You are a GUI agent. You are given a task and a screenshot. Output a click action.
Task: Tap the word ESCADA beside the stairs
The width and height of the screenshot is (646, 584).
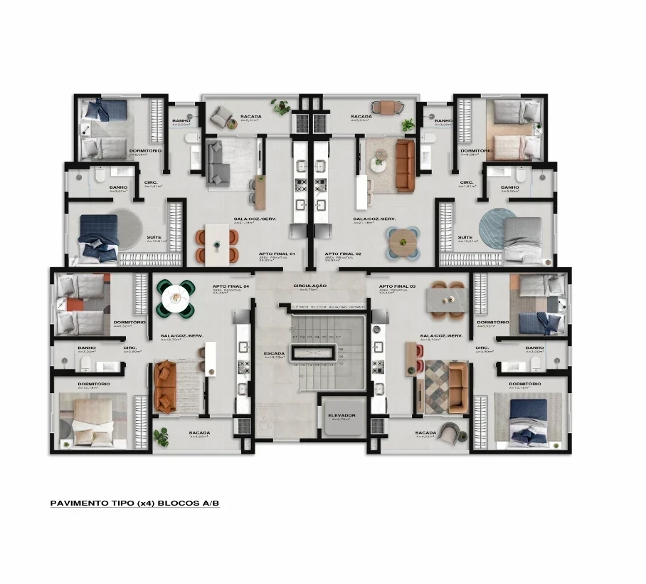click(x=274, y=353)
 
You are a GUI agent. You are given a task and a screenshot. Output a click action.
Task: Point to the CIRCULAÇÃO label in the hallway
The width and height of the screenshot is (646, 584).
click(x=309, y=286)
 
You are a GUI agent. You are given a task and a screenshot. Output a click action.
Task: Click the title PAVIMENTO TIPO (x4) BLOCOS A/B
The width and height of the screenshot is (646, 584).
click(x=135, y=503)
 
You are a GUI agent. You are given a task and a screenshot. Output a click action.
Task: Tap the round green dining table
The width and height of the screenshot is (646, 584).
click(x=175, y=297)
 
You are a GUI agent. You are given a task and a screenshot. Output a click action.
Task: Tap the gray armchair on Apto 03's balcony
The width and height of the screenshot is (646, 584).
click(x=449, y=432)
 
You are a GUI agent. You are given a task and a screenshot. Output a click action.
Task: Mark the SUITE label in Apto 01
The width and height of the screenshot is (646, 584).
click(x=152, y=237)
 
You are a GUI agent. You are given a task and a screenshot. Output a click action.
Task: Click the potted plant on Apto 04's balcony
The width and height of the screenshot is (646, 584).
click(x=161, y=434)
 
